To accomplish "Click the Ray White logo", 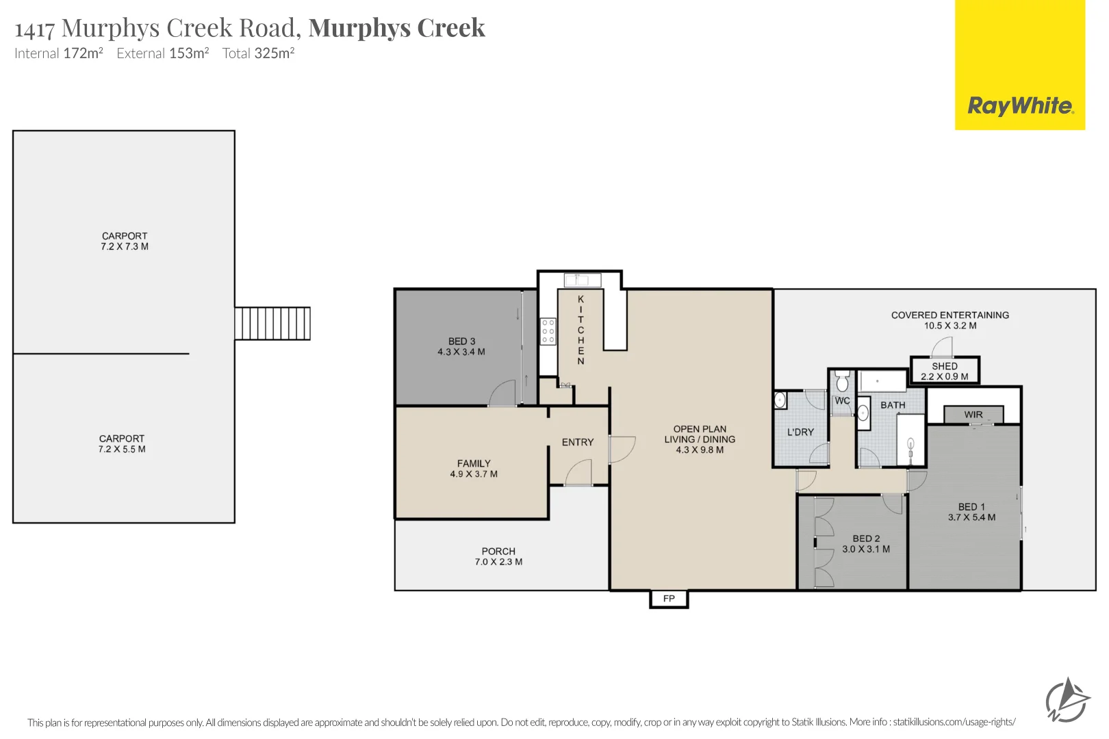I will [1019, 106].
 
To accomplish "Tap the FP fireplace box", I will [669, 599].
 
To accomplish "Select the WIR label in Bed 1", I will [973, 415].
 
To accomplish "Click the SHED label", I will [944, 366].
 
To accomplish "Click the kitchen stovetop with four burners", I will [548, 331].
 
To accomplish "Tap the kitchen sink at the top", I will [582, 280].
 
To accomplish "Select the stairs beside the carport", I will [272, 324].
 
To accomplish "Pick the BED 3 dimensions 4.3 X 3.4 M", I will [461, 352].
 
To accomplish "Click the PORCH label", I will [498, 551].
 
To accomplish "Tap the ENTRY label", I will [578, 442].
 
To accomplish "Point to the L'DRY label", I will [800, 432].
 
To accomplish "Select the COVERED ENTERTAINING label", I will [949, 315].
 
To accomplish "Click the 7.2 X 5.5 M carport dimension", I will [122, 449].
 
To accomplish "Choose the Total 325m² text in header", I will [258, 53].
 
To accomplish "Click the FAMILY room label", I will [474, 463].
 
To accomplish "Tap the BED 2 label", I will [866, 539].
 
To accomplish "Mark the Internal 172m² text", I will [59, 53].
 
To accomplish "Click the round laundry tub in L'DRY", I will [780, 400].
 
